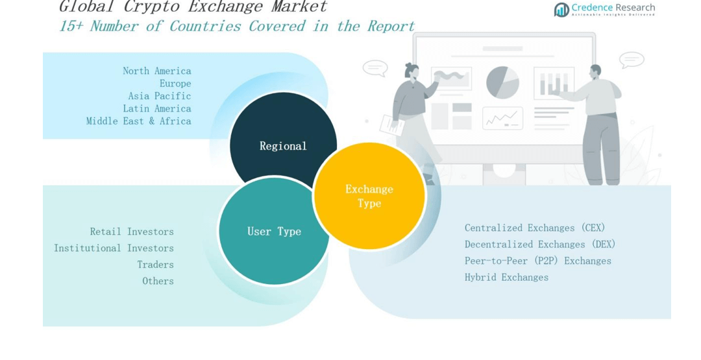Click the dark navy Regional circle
[283, 139]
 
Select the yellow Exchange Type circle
[369, 196]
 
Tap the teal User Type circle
[274, 232]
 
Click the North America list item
[157, 71]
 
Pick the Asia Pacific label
[160, 96]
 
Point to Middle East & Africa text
[139, 121]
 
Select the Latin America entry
[157, 108]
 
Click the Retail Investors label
[132, 232]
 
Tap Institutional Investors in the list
[114, 248]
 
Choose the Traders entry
[156, 265]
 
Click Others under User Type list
[158, 281]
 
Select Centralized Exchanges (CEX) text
[535, 228]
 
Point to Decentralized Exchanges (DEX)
[540, 245]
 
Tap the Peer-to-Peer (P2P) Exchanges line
[538, 261]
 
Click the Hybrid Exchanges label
[506, 277]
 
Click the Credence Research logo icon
[561, 9]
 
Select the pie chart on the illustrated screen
[502, 82]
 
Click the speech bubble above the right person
[631, 60]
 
